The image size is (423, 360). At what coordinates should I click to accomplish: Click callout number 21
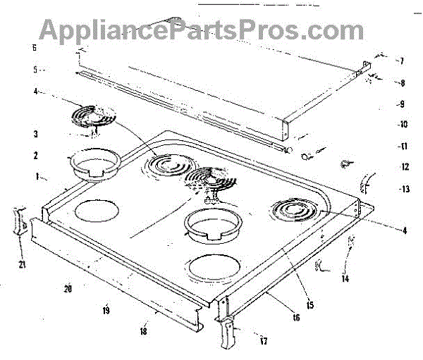(20, 264)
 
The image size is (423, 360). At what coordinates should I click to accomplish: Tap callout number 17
(264, 342)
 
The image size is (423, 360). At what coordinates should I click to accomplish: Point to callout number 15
(311, 305)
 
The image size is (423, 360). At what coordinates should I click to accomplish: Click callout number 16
(295, 318)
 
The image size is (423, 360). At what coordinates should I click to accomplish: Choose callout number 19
(106, 310)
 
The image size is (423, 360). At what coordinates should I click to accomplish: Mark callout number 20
(68, 288)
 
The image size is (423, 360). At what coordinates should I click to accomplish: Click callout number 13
(404, 188)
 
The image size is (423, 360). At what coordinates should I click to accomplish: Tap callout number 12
(404, 167)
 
